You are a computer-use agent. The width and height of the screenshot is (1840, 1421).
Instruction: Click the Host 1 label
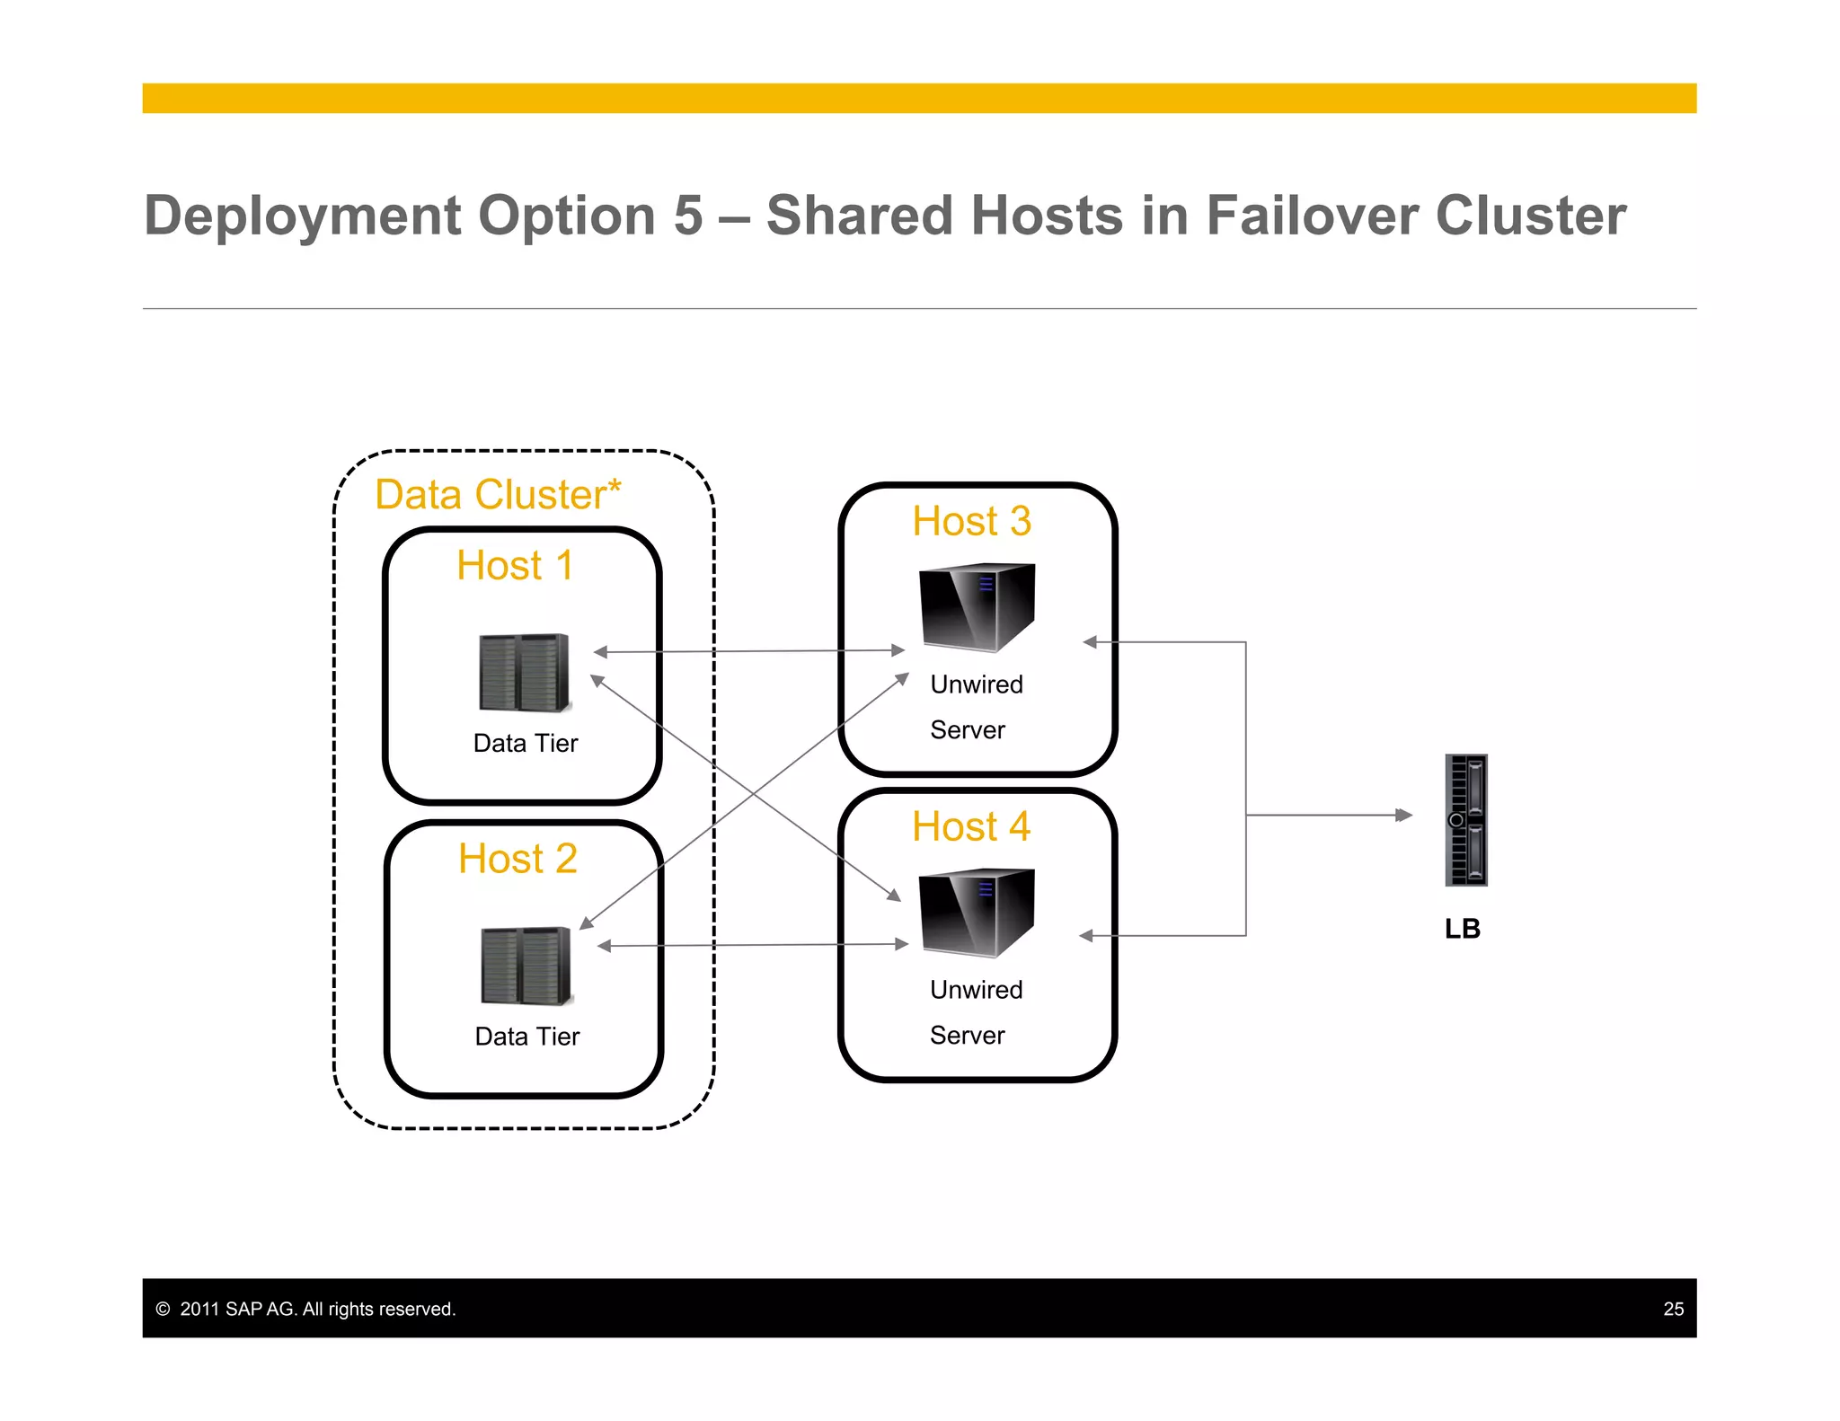[x=515, y=566]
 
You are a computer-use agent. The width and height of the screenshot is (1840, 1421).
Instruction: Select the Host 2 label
[x=517, y=859]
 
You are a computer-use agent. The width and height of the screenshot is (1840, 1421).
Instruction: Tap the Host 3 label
[x=971, y=522]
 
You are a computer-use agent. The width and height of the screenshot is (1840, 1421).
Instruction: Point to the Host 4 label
[x=970, y=826]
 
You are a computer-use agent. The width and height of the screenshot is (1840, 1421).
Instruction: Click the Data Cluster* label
[x=498, y=495]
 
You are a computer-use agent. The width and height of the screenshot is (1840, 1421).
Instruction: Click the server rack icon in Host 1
[x=524, y=672]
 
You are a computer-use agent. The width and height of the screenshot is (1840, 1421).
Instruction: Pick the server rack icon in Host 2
[x=526, y=966]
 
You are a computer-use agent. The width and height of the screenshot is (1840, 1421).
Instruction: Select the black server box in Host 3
[x=977, y=606]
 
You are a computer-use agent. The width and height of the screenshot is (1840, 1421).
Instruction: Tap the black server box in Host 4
[x=977, y=912]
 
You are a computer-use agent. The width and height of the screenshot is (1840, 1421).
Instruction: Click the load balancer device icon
[x=1465, y=820]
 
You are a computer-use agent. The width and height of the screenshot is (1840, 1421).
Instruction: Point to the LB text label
[x=1462, y=929]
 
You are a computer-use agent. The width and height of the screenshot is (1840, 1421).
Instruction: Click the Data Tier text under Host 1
[x=526, y=744]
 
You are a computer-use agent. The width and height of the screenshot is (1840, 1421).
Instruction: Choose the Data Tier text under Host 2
[x=527, y=1037]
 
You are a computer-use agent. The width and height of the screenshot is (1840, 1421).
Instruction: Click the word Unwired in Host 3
[x=977, y=684]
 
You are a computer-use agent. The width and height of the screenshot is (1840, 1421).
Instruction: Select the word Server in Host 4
[x=967, y=1036]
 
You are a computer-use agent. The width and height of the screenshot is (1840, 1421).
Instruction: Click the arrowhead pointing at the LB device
[x=1404, y=816]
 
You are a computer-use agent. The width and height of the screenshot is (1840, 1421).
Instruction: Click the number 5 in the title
[x=688, y=216]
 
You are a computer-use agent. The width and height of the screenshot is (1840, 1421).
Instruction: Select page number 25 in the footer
[x=1673, y=1309]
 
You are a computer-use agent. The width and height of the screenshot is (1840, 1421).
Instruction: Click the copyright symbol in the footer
[x=163, y=1309]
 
